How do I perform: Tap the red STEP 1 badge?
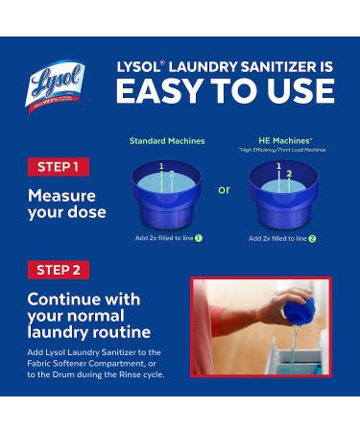[57, 167]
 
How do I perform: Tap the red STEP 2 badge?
[57, 269]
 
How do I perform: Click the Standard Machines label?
[167, 141]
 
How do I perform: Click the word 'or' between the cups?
[224, 190]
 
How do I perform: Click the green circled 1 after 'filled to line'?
[199, 237]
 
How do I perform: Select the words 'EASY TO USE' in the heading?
[225, 91]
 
